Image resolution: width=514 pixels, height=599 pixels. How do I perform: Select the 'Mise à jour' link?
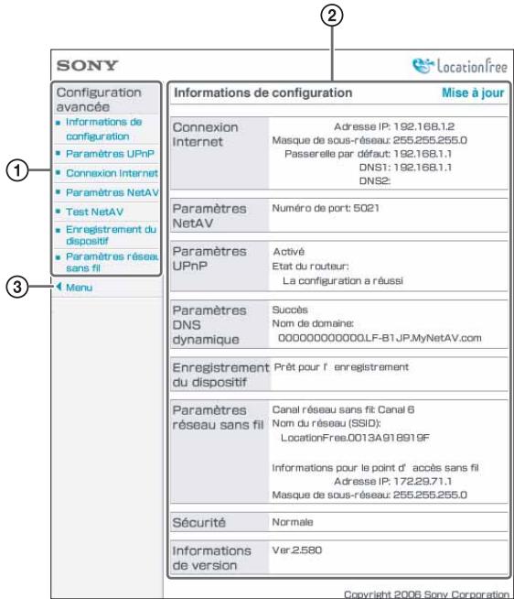[x=473, y=93]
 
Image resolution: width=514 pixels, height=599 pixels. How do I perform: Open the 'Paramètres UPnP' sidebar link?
[x=104, y=153]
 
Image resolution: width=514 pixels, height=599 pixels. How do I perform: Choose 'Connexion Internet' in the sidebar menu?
[x=111, y=172]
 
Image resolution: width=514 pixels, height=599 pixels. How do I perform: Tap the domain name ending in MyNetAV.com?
[x=380, y=337]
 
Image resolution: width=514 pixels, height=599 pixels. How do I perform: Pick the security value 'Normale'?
[x=294, y=521]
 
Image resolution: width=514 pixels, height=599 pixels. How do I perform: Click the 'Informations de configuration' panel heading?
[x=262, y=93]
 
